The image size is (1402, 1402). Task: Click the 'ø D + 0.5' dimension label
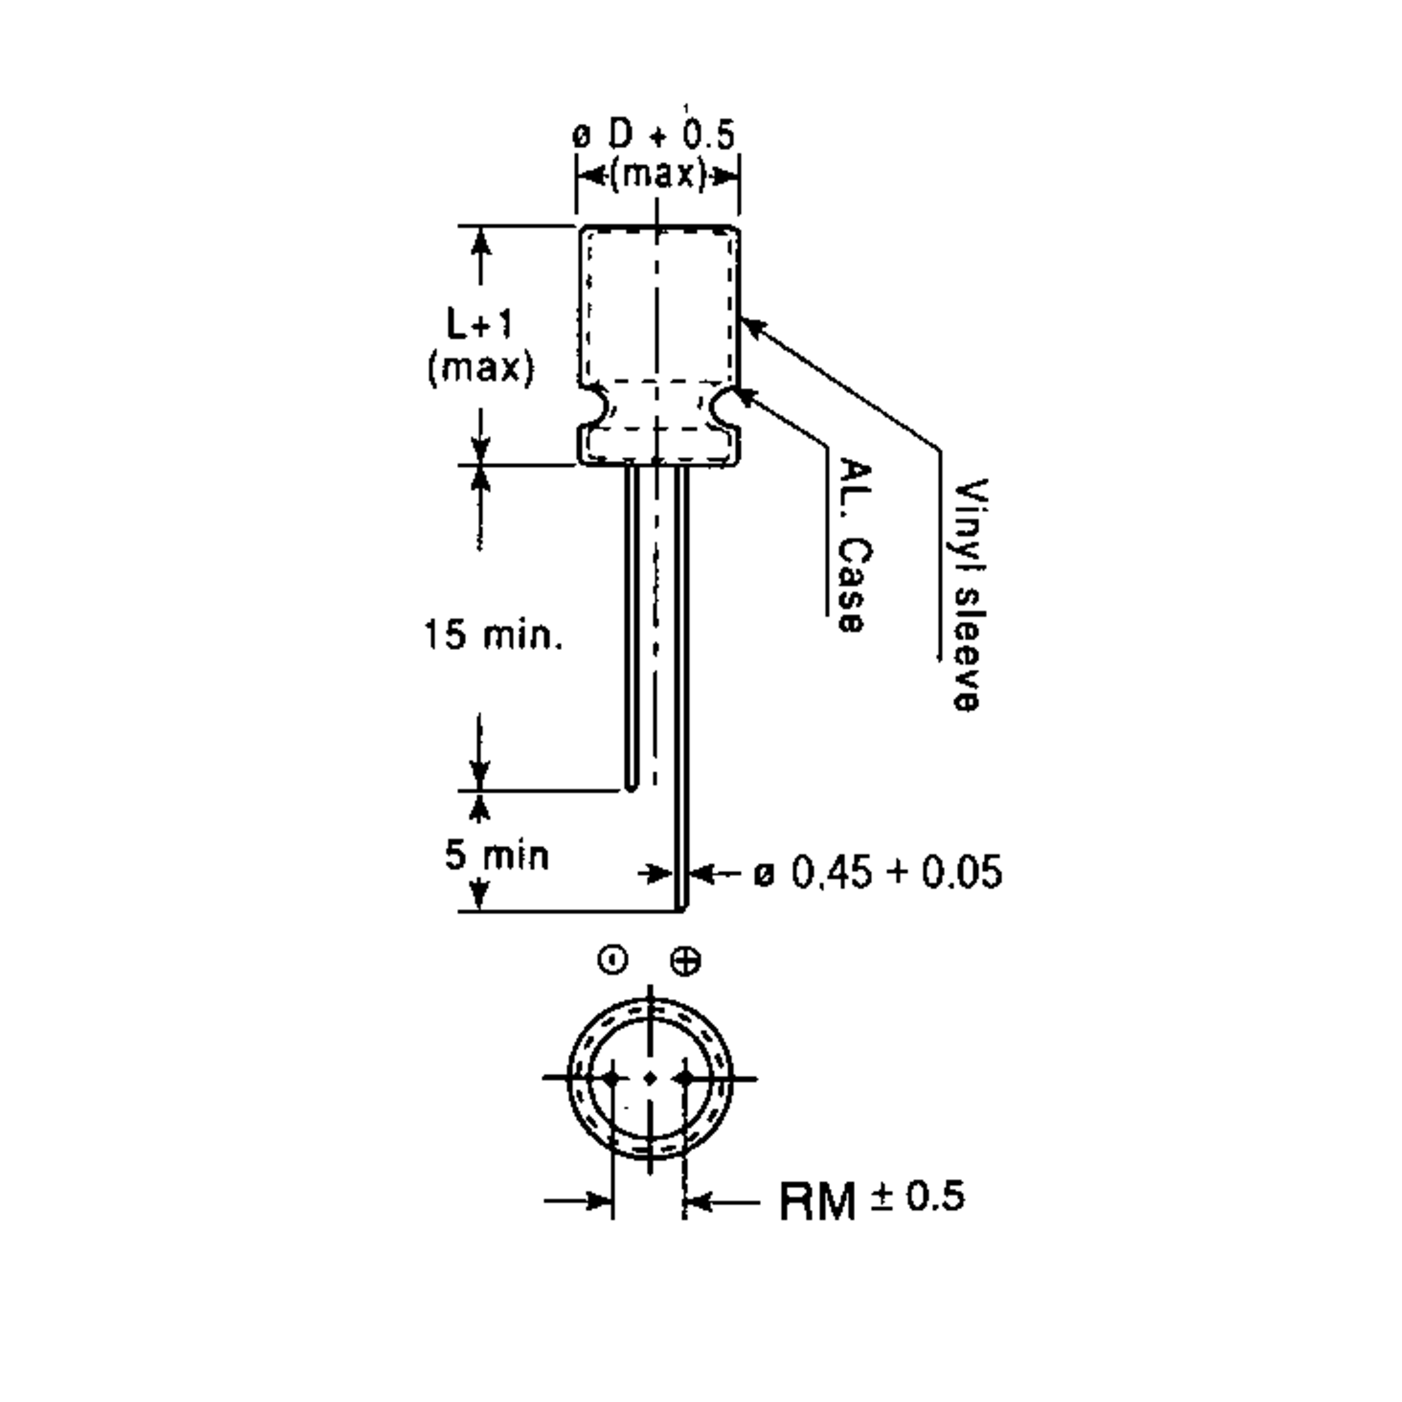[x=654, y=135]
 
